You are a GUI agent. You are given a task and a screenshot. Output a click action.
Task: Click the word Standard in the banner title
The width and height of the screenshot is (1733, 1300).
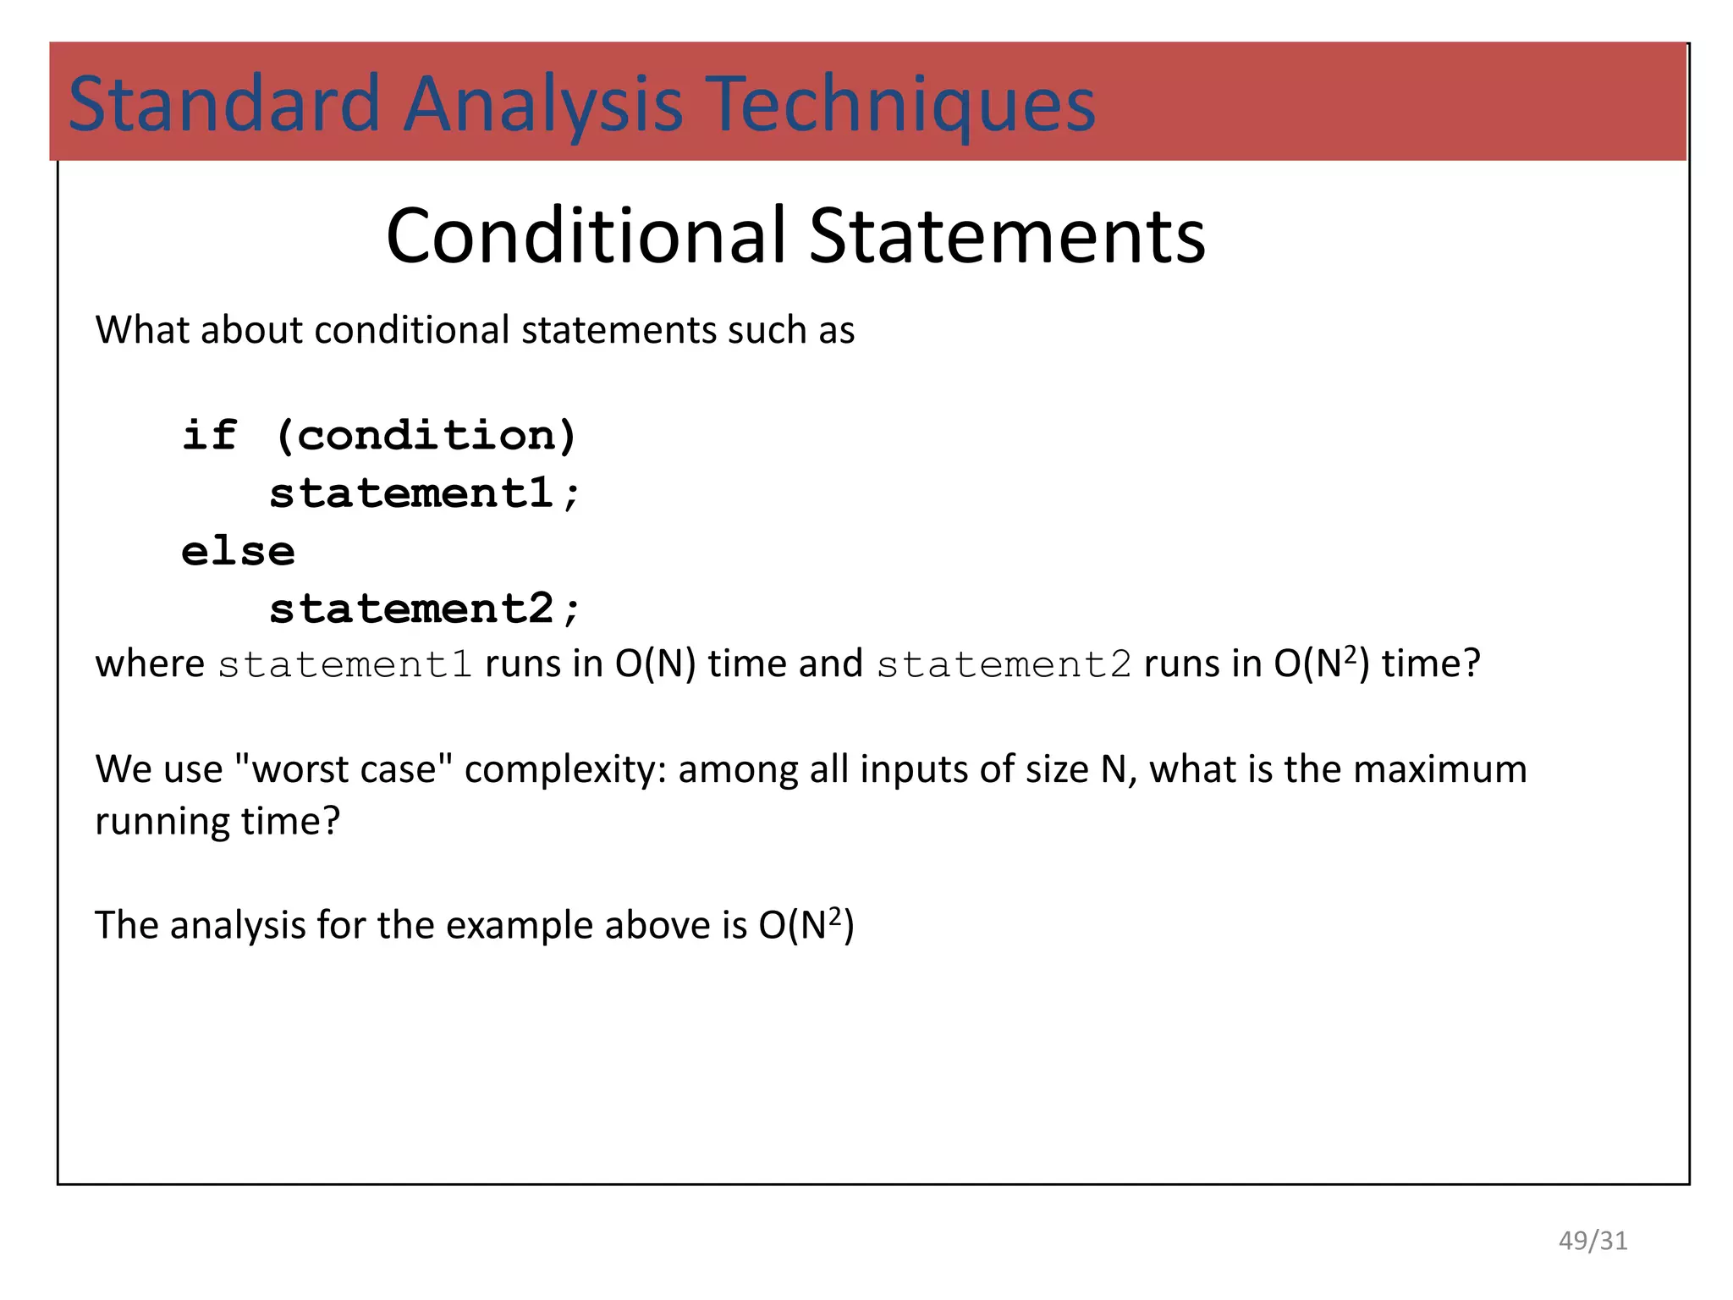pyautogui.click(x=223, y=104)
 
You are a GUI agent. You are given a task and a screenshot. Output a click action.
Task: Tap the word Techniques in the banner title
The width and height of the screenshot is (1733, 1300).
pyautogui.click(x=900, y=104)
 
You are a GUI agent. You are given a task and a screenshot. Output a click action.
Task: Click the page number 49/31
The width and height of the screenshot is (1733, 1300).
pyautogui.click(x=1593, y=1241)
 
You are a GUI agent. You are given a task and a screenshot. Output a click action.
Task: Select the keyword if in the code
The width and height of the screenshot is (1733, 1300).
pyautogui.click(x=209, y=435)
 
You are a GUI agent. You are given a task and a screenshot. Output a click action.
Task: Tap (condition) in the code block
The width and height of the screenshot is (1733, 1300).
pyautogui.click(x=426, y=435)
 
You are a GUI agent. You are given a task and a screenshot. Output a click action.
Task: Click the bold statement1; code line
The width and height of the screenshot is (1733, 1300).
pyautogui.click(x=424, y=493)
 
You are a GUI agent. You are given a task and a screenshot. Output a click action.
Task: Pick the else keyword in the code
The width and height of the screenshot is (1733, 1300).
pyautogui.click(x=238, y=551)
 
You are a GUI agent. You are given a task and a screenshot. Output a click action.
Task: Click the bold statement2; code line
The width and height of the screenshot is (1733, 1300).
pyautogui.click(x=424, y=609)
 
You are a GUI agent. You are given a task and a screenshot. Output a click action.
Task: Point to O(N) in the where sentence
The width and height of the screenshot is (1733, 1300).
pyautogui.click(x=655, y=664)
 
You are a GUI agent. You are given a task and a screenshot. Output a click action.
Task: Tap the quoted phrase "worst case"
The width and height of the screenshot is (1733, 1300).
pyautogui.click(x=343, y=769)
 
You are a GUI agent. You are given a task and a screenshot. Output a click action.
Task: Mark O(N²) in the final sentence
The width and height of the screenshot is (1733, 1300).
pyautogui.click(x=806, y=924)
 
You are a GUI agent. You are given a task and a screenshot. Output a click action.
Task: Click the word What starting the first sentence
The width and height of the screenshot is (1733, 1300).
pyautogui.click(x=140, y=330)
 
